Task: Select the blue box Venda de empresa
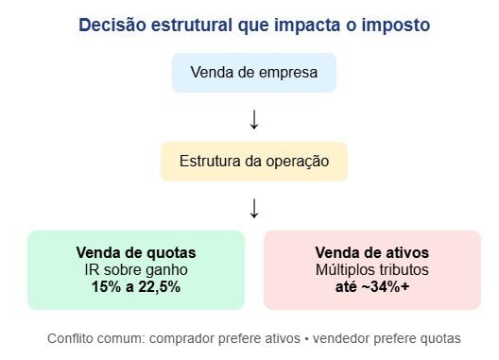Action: click(254, 73)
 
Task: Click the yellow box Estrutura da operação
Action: click(254, 162)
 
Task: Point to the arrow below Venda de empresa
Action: click(254, 119)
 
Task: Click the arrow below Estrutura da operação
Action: click(254, 208)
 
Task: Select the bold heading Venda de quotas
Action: click(136, 253)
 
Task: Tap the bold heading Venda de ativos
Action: click(370, 253)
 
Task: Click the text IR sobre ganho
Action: click(136, 270)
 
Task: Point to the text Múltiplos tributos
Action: click(370, 270)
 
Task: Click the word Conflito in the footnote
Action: click(71, 337)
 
